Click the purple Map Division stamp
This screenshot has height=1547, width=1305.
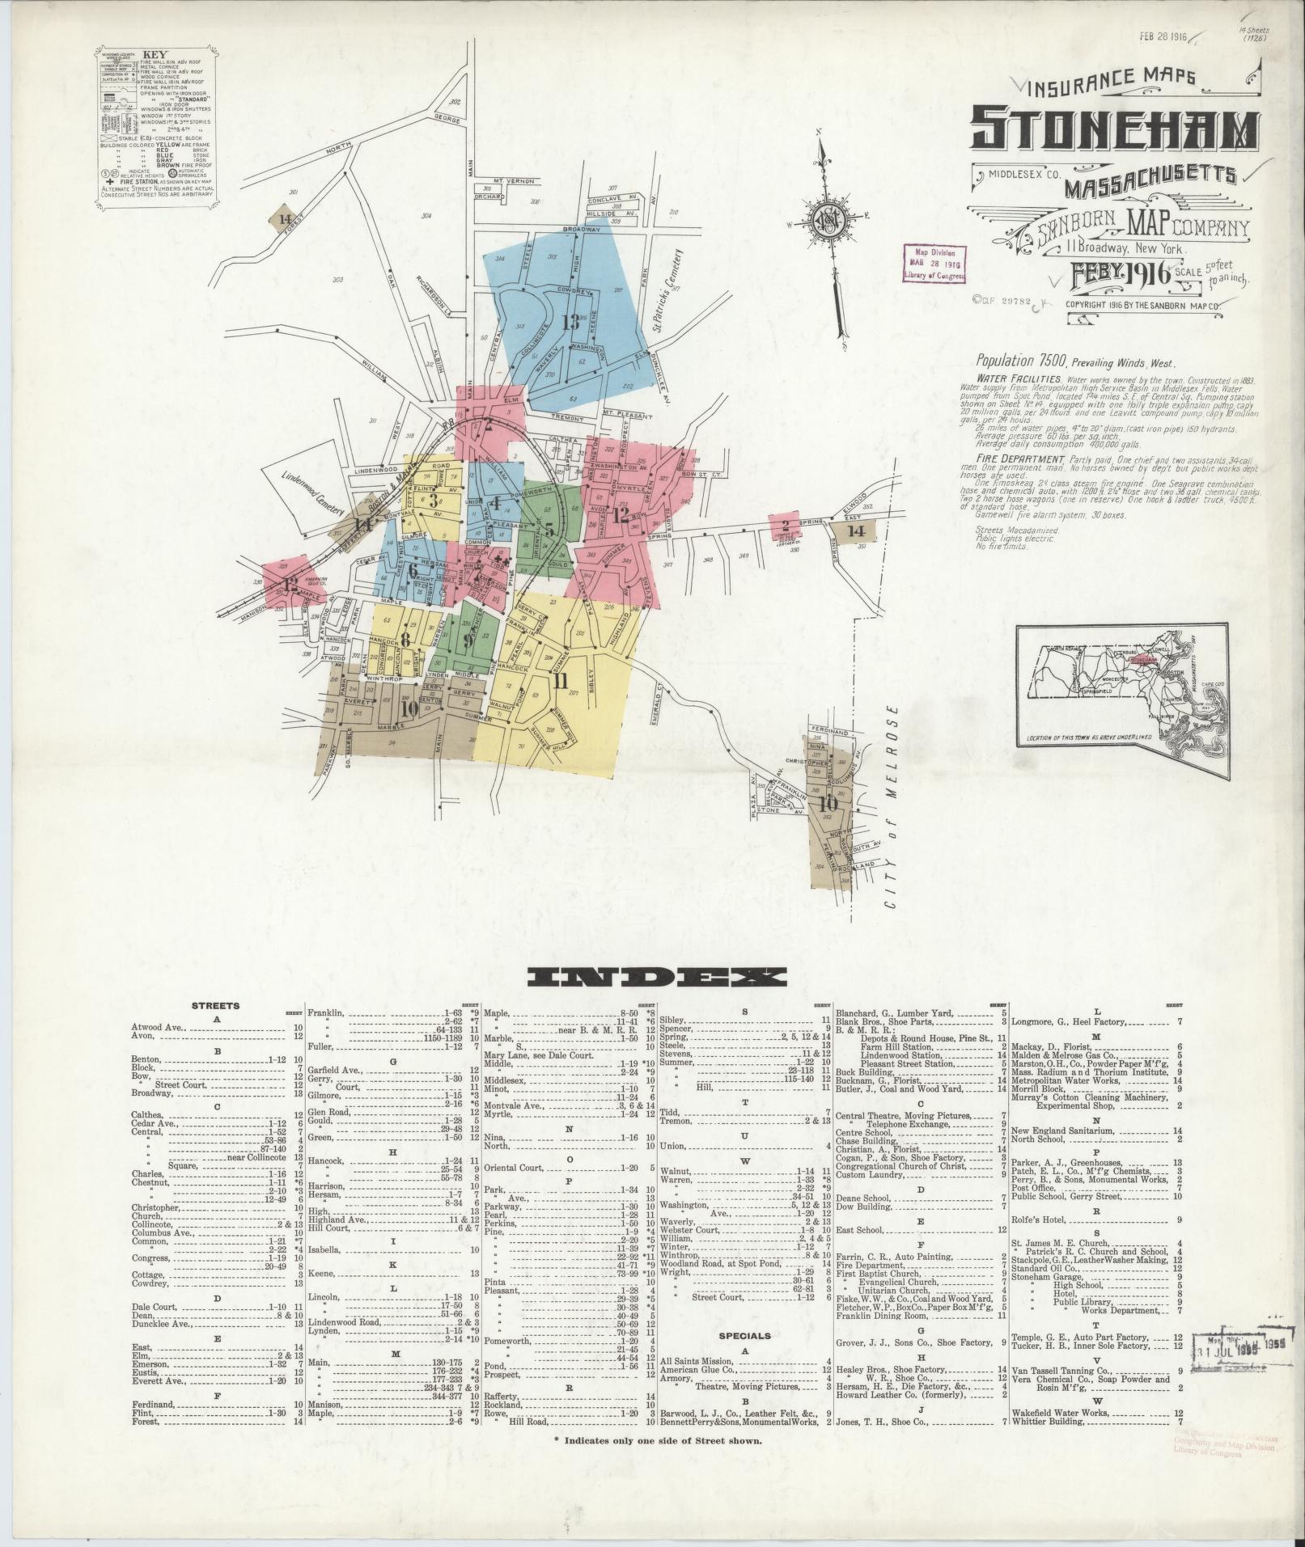934,264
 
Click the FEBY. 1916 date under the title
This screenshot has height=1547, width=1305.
1119,273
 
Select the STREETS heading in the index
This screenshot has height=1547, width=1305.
215,1006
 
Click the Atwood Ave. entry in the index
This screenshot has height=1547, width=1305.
159,1028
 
